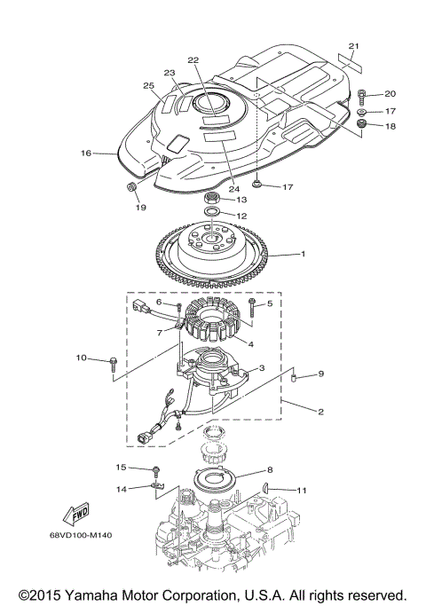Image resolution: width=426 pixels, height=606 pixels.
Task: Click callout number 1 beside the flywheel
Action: [x=303, y=254]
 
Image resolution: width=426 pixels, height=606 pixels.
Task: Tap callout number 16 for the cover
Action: [x=86, y=153]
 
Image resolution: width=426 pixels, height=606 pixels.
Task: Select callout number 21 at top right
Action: [x=354, y=45]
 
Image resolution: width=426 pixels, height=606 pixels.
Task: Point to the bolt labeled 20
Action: [x=364, y=94]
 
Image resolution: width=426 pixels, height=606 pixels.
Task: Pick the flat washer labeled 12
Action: [x=212, y=215]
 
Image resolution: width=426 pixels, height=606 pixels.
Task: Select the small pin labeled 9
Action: [x=292, y=381]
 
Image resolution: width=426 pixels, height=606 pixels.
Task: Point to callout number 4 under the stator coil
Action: [x=250, y=344]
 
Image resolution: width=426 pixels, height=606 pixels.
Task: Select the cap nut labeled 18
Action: [x=363, y=125]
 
